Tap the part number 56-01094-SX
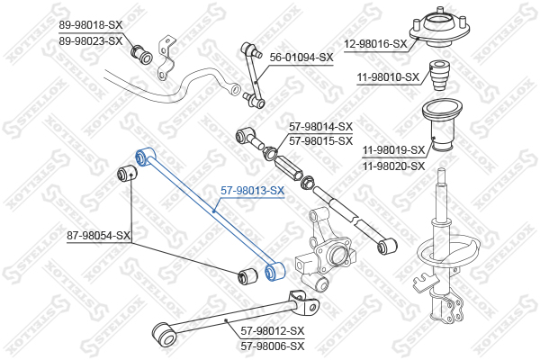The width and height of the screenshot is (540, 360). click(x=301, y=57)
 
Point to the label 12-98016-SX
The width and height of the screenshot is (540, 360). click(x=375, y=43)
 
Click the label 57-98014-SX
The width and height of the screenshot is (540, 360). click(x=320, y=127)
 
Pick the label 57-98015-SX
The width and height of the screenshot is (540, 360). click(x=320, y=140)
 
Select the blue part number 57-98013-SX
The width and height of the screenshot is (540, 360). click(x=253, y=191)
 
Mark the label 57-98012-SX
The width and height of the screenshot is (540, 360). click(x=273, y=330)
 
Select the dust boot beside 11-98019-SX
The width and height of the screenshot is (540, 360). click(x=441, y=130)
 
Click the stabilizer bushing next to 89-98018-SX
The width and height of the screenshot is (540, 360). click(x=141, y=51)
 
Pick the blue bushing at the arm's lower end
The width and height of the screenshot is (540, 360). click(x=276, y=270)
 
